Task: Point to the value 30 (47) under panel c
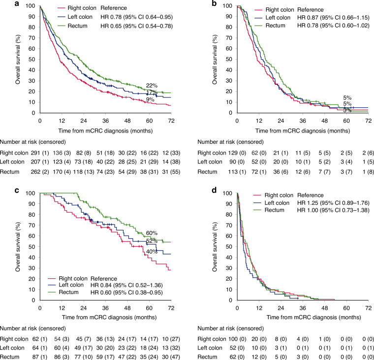(168, 351)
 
